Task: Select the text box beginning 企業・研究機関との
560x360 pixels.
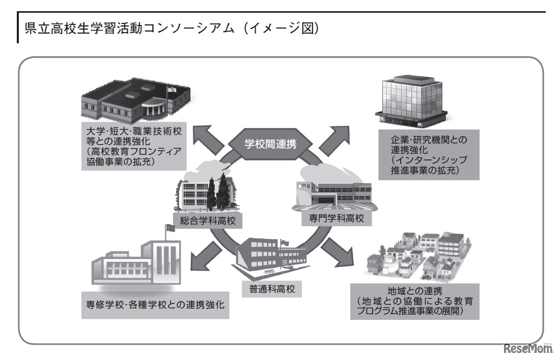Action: (428, 155)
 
